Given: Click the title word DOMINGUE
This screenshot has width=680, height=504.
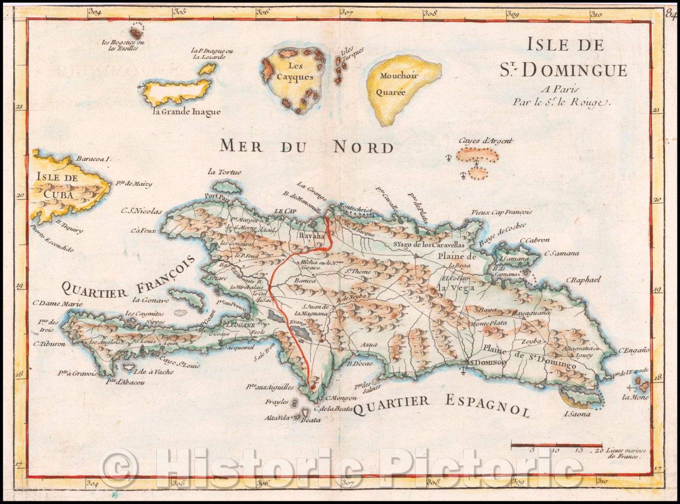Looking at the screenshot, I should pyautogui.click(x=573, y=70).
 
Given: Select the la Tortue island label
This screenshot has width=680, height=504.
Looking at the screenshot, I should pyautogui.click(x=224, y=172).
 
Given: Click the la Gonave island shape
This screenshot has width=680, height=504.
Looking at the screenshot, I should pyautogui.click(x=187, y=297).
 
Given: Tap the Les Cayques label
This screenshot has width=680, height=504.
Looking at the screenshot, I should pyautogui.click(x=295, y=71).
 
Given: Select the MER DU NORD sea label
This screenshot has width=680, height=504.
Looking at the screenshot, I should pyautogui.click(x=306, y=147).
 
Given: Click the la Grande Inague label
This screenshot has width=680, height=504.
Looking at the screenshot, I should pyautogui.click(x=187, y=112).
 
